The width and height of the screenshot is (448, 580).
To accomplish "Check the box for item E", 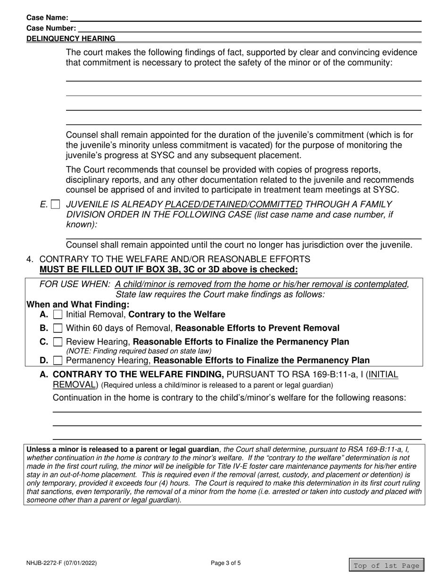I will pyautogui.click(x=56, y=205).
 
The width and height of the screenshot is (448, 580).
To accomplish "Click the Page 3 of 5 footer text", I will pyautogui.click(x=228, y=563).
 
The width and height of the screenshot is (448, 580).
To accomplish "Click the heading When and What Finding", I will pyautogui.click(x=78, y=305).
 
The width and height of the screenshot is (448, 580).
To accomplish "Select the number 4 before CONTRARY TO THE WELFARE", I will pyautogui.click(x=30, y=259).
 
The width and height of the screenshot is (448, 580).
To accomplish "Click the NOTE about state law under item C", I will pyautogui.click(x=139, y=351).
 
